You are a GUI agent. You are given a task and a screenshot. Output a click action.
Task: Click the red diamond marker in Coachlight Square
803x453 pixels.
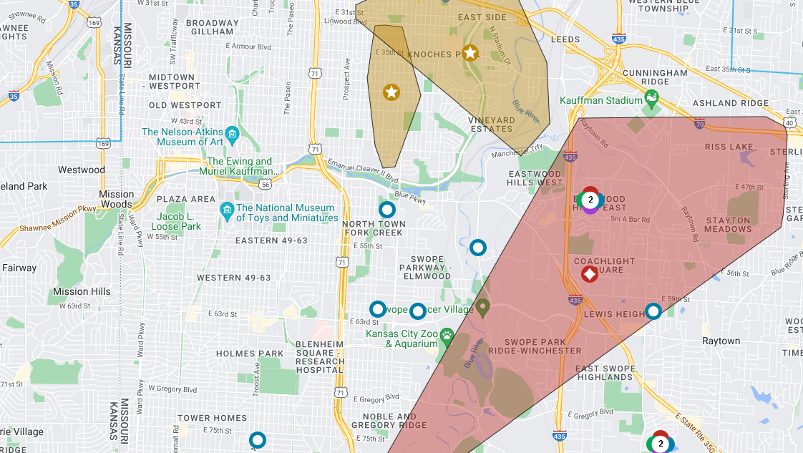589,273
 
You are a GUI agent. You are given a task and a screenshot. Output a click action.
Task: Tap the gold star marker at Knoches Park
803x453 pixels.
469,52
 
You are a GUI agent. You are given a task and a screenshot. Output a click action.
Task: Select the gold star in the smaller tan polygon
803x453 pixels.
391,92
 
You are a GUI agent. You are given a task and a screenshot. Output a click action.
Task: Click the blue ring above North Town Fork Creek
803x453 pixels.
386,210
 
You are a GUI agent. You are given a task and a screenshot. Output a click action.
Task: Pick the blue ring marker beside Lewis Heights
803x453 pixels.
653,311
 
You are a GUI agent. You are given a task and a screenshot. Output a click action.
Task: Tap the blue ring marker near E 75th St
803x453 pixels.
257,439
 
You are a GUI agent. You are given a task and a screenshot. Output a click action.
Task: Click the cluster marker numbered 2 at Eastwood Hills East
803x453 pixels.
590,200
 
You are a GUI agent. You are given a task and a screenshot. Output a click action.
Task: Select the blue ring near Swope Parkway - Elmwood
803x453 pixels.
477,248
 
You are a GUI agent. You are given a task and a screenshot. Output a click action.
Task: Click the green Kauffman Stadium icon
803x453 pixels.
651,100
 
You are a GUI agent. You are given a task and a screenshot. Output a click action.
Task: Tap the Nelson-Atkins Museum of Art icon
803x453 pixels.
231,134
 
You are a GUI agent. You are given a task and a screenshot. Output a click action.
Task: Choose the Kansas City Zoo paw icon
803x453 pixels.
447,334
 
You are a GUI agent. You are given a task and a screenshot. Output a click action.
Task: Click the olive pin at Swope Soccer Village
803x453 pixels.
482,308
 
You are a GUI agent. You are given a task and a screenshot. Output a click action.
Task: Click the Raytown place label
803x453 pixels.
720,341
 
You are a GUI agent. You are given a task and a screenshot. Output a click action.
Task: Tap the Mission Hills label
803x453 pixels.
82,291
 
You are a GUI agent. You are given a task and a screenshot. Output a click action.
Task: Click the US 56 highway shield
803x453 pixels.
266,184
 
